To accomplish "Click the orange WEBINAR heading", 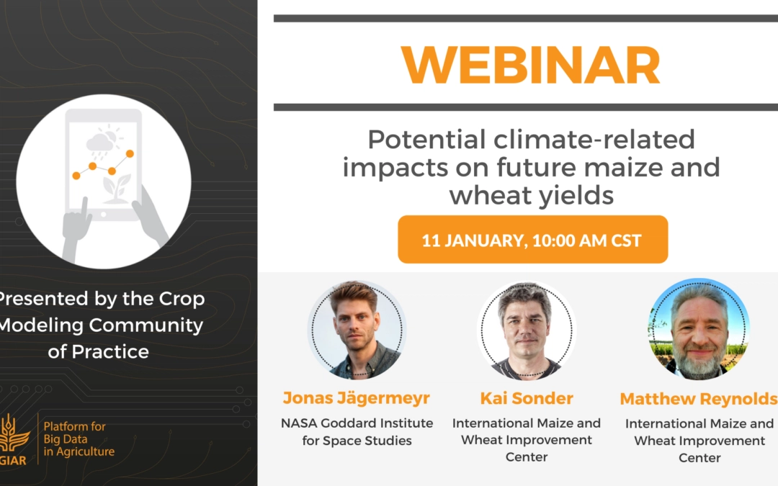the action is coord(531,65).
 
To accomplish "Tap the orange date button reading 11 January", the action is coord(532,240).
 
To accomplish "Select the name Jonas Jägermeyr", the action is coord(357,398).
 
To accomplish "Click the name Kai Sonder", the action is coord(527,398).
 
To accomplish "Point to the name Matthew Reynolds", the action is coord(699,399).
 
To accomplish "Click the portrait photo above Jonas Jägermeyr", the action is coord(357,330).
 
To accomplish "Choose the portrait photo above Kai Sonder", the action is coord(527,330).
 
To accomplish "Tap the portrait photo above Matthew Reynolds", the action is coord(699,329).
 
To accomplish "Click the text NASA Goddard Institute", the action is coord(357,423).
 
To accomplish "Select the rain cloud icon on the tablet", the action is coord(99,144).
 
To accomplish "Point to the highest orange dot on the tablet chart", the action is coord(130,154).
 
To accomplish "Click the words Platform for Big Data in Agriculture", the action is coord(79,439).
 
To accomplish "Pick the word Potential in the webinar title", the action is coord(426,140).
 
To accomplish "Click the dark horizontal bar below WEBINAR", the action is coord(526,107).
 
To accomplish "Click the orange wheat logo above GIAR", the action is coord(13,433).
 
